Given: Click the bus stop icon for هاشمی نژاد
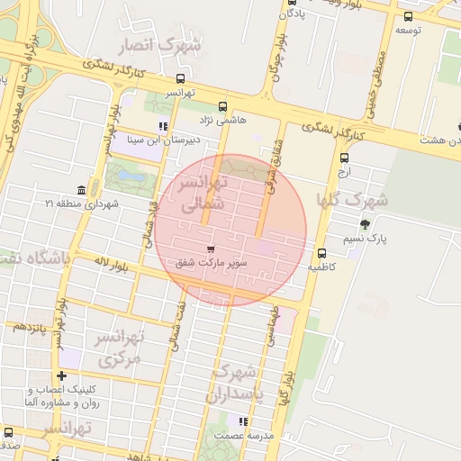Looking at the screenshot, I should tap(223, 106).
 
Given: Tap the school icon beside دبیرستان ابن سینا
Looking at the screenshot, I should tap(162, 126).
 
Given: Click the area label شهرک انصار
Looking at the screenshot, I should tap(166, 45).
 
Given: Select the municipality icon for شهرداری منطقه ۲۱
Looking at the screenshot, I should tap(82, 190).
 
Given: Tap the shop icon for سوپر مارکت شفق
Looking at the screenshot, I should tap(211, 249).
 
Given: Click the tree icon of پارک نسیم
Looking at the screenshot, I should tap(364, 224).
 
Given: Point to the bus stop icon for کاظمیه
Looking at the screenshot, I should tap(321, 252).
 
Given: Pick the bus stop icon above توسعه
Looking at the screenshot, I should tap(408, 15).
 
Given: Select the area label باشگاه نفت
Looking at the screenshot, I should tap(34, 261).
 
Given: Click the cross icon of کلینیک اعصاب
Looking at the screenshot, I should tap(61, 375).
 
